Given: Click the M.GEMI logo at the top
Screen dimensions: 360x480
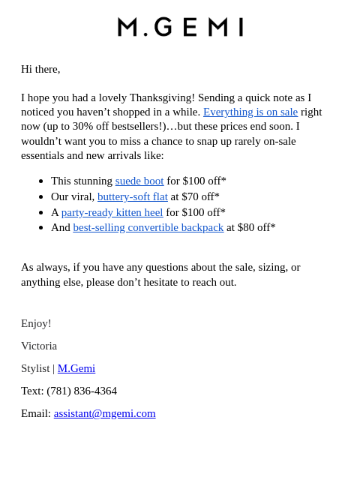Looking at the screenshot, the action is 180,27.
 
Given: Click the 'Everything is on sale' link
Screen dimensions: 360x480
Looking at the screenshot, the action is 250,112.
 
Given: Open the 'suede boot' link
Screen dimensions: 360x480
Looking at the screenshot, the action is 139,181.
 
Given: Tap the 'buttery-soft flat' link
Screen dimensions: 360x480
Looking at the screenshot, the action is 133,196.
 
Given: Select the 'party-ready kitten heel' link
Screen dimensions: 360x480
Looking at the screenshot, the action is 112,212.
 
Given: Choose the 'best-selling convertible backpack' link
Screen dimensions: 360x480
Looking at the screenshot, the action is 148,227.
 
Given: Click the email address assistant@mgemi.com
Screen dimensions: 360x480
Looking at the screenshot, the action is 105,413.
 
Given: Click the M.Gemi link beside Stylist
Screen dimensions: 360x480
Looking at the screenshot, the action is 76,368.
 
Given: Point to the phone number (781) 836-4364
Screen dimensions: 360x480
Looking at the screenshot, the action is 82,391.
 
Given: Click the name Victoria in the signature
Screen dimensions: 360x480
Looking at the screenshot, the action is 39,346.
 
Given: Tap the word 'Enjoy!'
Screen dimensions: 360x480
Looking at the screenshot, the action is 36,323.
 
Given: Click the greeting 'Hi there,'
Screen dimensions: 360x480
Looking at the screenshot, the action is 40,69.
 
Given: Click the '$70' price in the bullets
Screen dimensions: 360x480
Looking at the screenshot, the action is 190,196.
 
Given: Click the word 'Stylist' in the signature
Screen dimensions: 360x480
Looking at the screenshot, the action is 35,368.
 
